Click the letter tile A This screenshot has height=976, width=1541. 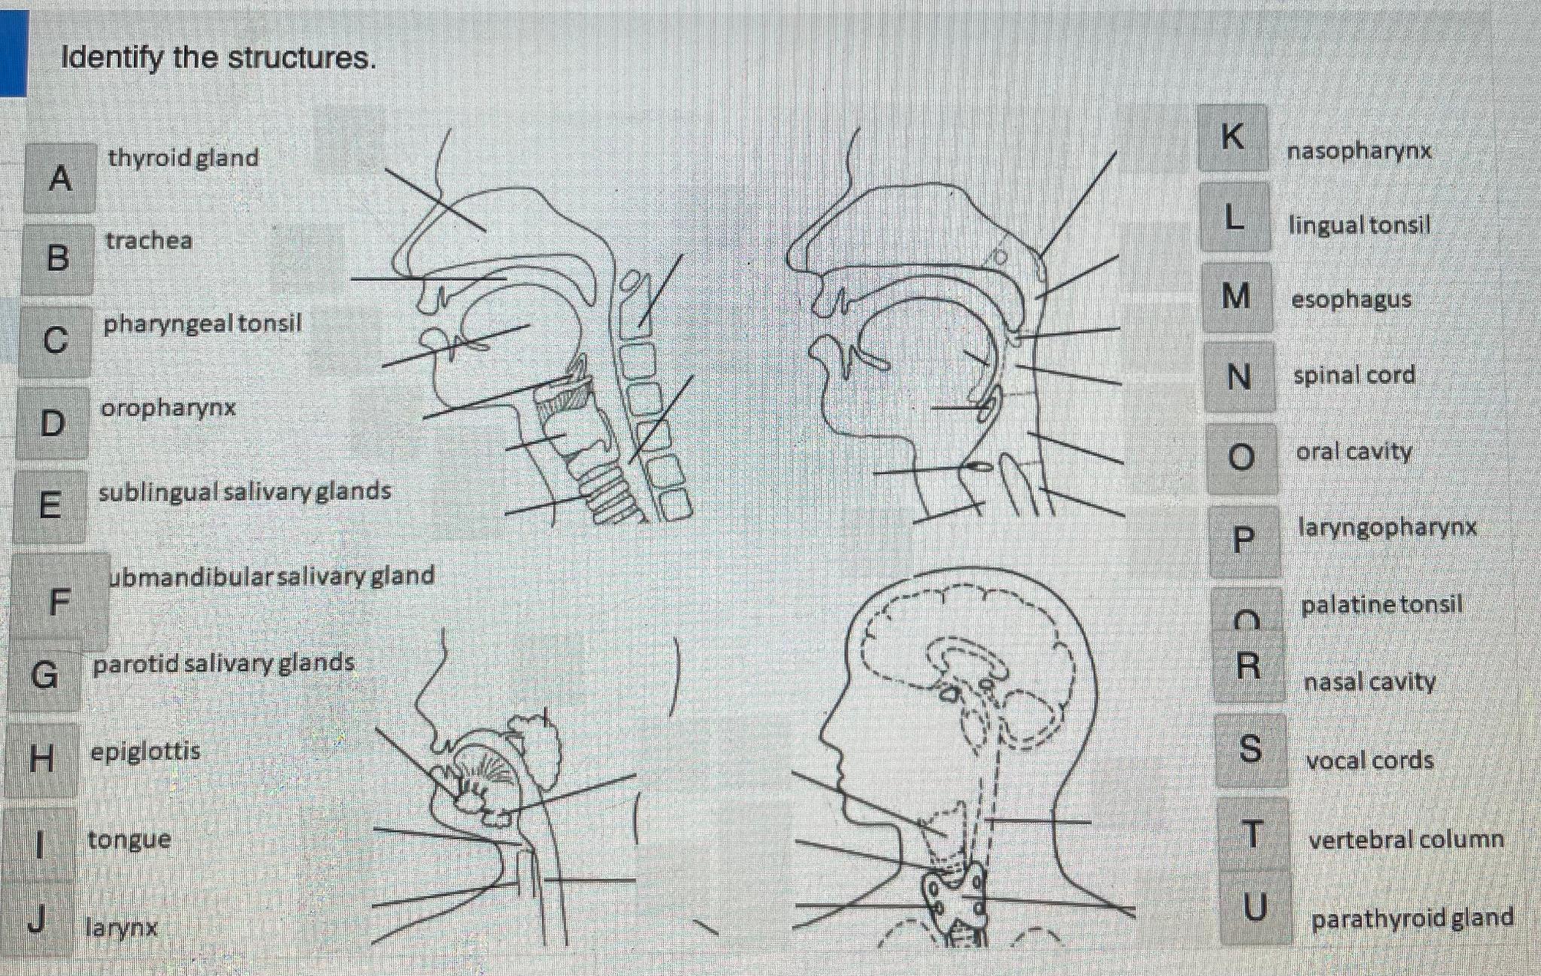(60, 178)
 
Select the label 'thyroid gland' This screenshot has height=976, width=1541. (184, 158)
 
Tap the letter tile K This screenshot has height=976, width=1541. (1232, 138)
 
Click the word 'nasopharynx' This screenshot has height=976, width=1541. (1359, 151)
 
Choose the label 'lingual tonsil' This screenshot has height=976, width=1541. (1359, 225)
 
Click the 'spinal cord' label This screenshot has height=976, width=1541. (1354, 375)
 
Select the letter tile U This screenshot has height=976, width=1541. (1254, 908)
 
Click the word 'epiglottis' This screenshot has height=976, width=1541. (145, 751)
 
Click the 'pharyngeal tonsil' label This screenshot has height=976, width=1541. (202, 324)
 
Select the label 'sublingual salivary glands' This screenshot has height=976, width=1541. (245, 491)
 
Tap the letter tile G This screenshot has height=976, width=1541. (44, 674)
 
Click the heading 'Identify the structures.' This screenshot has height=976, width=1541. (218, 58)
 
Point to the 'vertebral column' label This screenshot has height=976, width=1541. (1406, 839)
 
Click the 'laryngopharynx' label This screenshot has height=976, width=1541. (1387, 527)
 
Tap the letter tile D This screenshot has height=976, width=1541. (52, 423)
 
